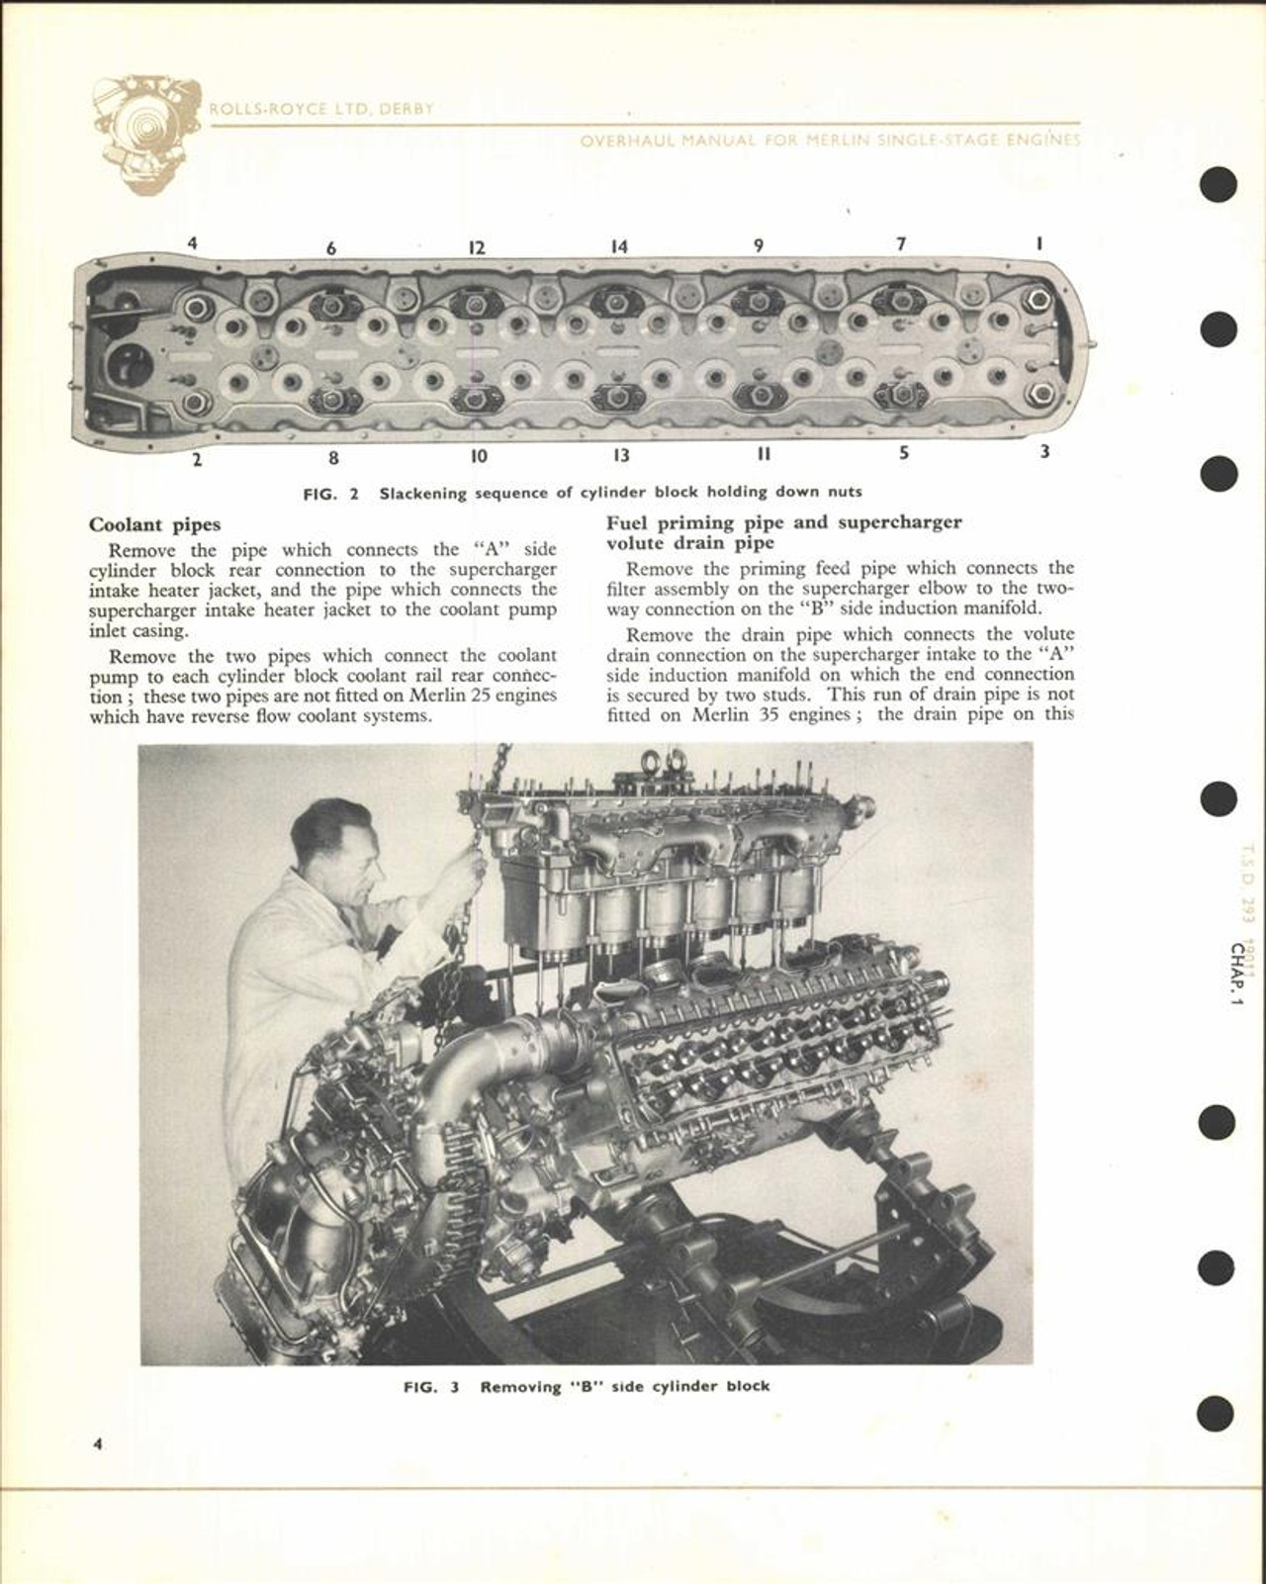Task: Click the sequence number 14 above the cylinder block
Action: click(x=618, y=246)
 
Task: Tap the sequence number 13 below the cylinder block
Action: click(x=620, y=455)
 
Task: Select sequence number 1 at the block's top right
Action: click(x=1040, y=243)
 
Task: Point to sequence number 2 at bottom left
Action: click(x=197, y=459)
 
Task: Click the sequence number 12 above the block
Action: click(x=477, y=247)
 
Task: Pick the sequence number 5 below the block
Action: click(x=904, y=453)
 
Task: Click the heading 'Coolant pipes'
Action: click(x=155, y=524)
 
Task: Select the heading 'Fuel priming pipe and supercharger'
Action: click(x=783, y=522)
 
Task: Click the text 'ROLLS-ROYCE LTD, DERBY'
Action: click(x=321, y=109)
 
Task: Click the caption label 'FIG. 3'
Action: click(x=431, y=1386)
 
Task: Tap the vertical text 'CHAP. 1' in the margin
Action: click(x=1237, y=974)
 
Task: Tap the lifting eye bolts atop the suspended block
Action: click(x=669, y=761)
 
